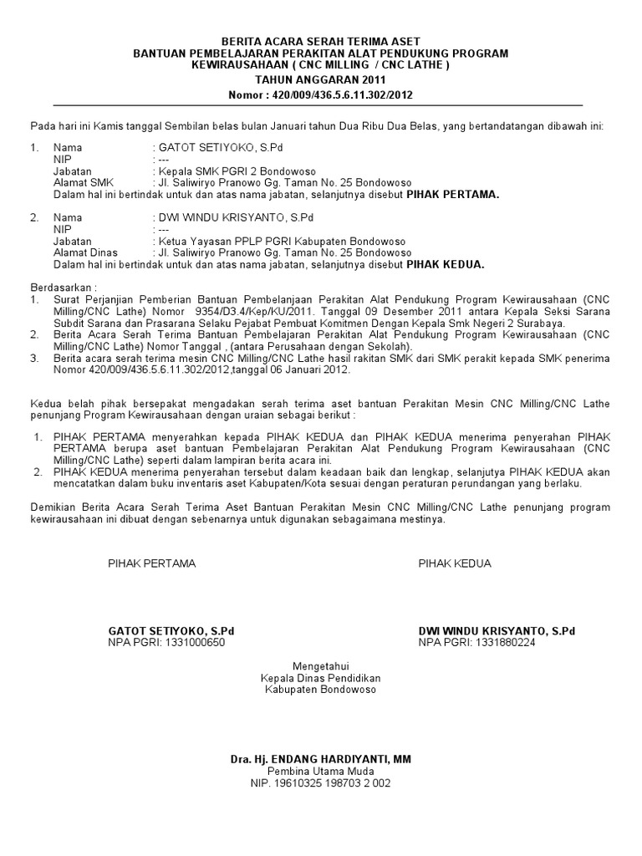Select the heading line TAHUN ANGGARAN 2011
320,80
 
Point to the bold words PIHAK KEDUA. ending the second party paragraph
445,264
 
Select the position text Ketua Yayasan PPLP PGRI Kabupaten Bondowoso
267,241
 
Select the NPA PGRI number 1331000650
194,643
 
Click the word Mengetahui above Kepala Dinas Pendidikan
320,665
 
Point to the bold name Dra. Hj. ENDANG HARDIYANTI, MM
320,759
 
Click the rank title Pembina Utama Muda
320,771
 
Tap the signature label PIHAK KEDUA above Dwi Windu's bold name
455,563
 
